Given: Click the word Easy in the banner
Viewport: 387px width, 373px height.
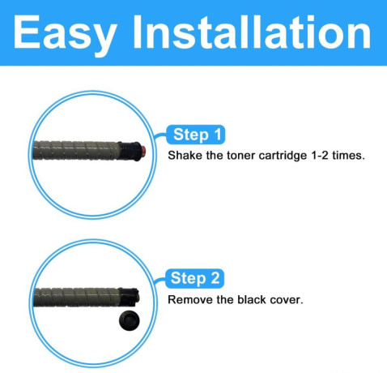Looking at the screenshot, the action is click(x=65, y=35).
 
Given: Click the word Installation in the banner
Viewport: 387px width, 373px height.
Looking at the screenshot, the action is click(x=252, y=32).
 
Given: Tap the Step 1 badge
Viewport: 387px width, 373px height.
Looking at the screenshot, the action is click(x=196, y=135).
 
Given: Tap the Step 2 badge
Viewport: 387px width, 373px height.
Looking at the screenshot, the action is click(x=194, y=278).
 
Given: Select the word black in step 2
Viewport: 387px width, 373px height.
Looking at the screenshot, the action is click(x=252, y=299).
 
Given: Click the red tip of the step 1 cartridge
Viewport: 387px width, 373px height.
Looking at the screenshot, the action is click(x=143, y=151).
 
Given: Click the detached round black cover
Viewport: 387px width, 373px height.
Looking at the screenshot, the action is click(x=130, y=320).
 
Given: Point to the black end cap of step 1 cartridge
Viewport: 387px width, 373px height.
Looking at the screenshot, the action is click(x=130, y=151).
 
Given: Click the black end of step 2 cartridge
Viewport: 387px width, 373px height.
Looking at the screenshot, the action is click(x=129, y=297).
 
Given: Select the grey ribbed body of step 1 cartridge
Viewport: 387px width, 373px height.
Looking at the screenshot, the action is click(x=75, y=151).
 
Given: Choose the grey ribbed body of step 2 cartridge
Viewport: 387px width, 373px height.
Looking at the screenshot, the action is click(x=76, y=298).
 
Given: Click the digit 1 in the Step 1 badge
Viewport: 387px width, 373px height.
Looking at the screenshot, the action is click(x=218, y=135).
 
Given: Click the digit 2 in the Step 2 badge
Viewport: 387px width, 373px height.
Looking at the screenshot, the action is click(x=215, y=278).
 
